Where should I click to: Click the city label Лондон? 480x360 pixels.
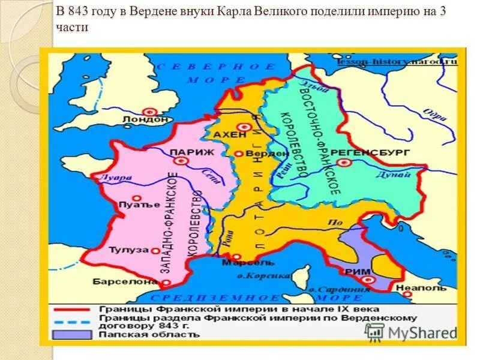click(x=145, y=119)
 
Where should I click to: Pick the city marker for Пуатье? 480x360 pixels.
click(x=137, y=198)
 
